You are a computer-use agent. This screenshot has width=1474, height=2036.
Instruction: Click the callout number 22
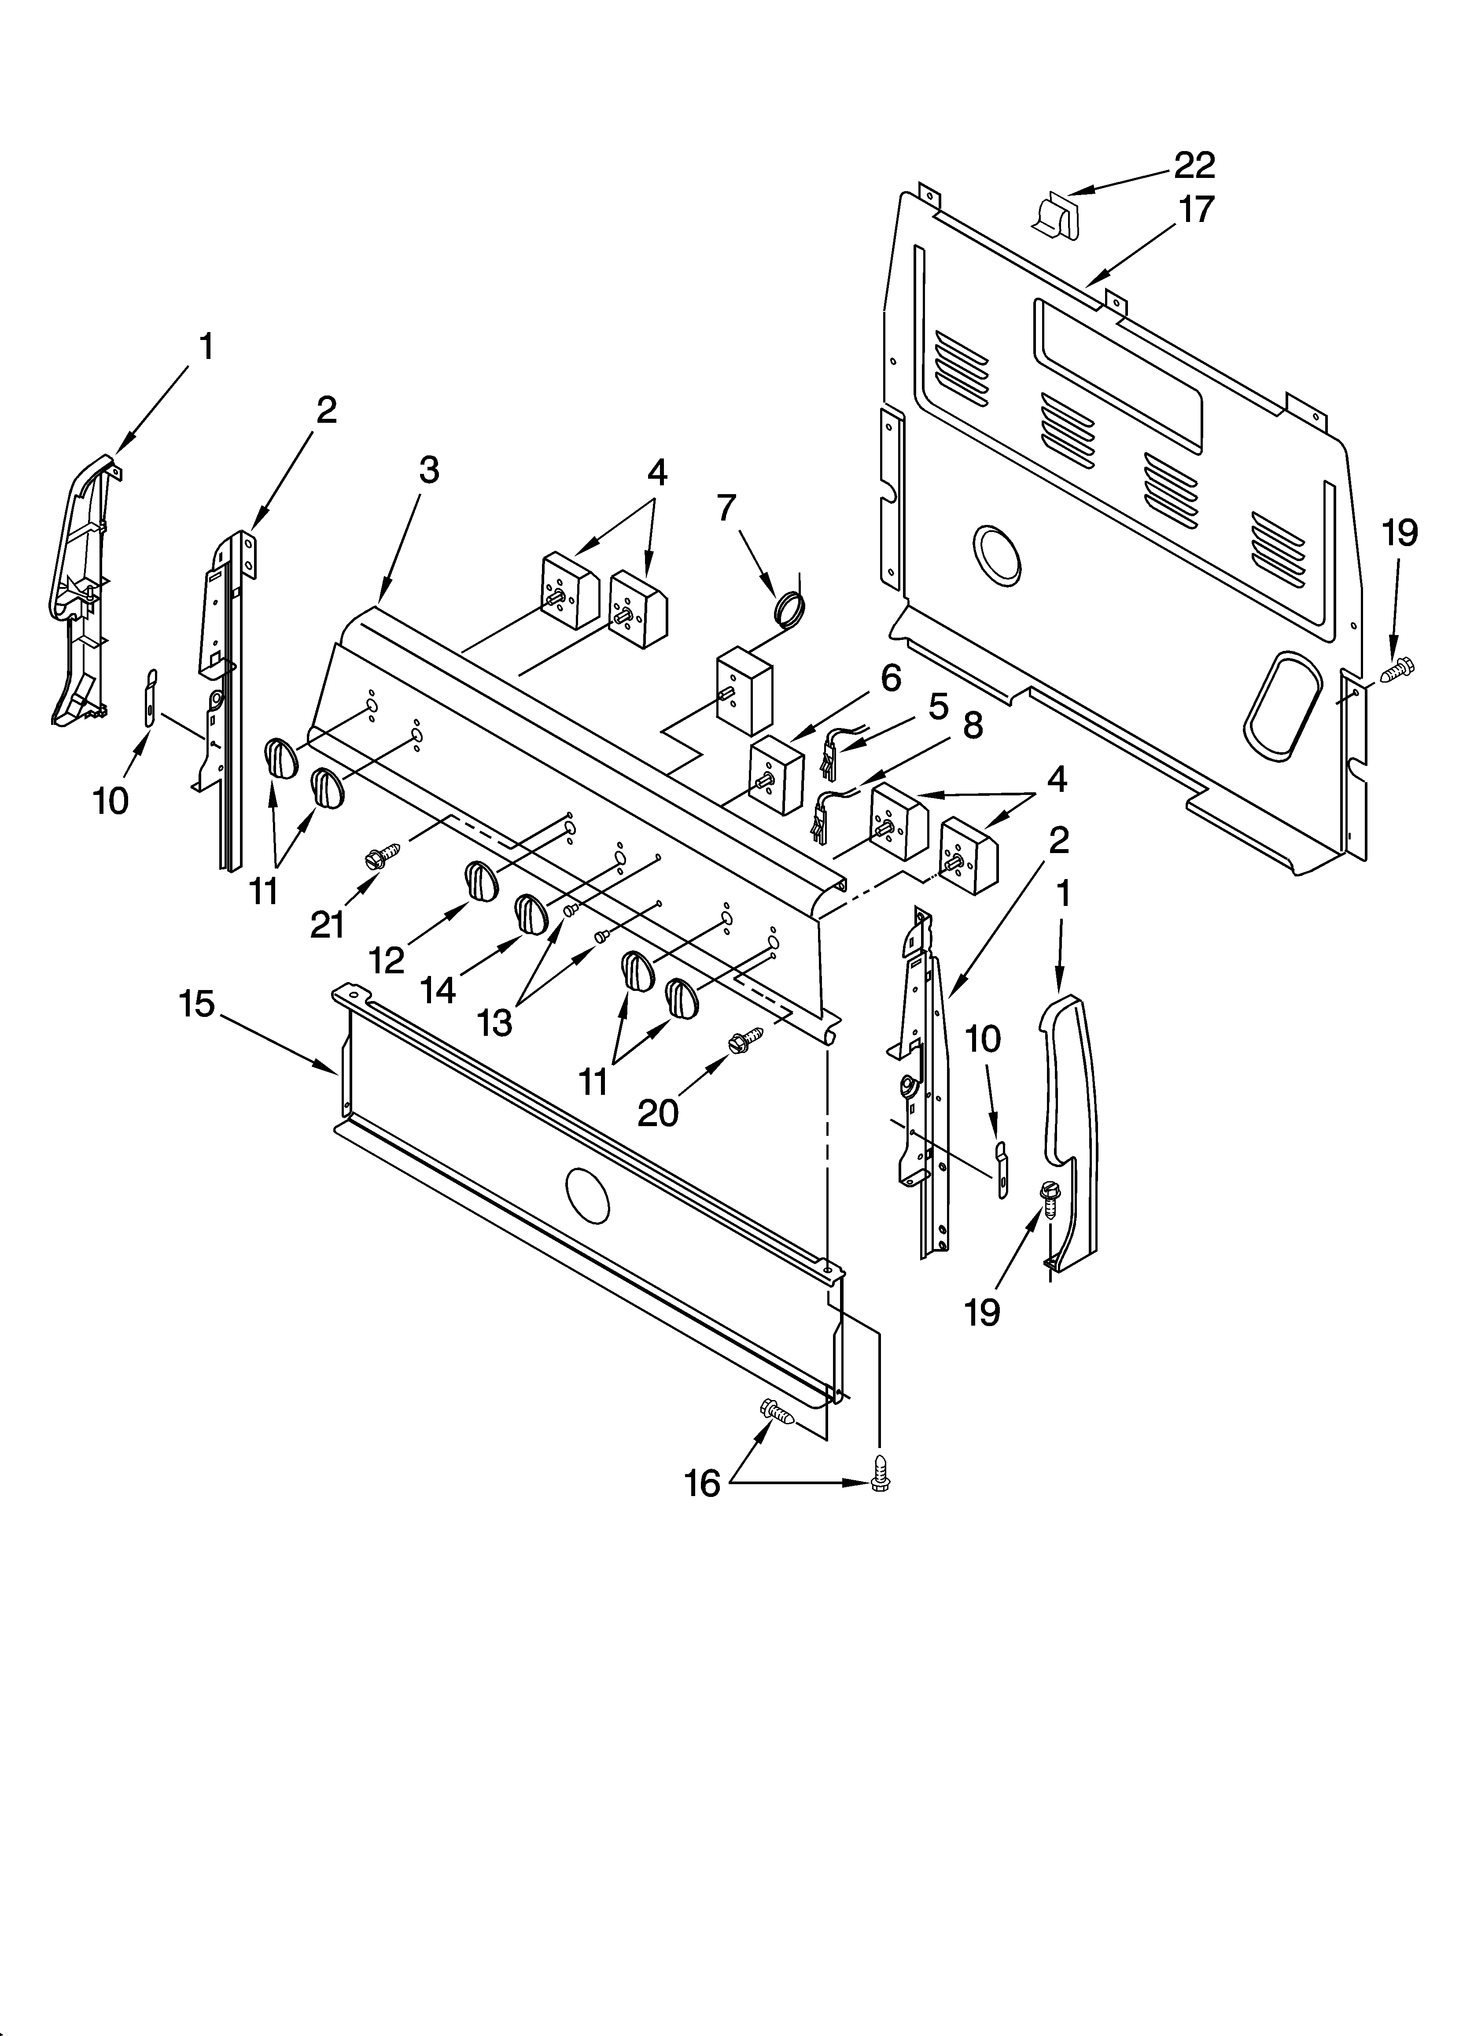[1195, 165]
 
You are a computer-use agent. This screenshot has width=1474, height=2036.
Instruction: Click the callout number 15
[197, 1004]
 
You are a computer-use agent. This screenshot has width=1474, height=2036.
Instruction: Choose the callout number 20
[658, 1113]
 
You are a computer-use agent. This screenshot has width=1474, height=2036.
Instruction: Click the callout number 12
[387, 961]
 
